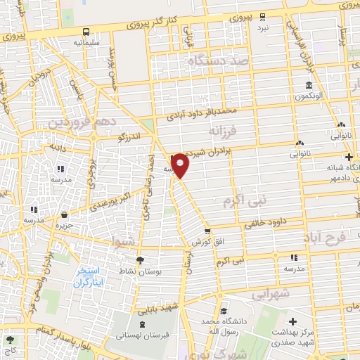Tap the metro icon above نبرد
tap(263, 16)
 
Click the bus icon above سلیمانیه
tap(86, 32)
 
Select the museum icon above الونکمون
tap(309, 86)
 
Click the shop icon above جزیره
tap(65, 215)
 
